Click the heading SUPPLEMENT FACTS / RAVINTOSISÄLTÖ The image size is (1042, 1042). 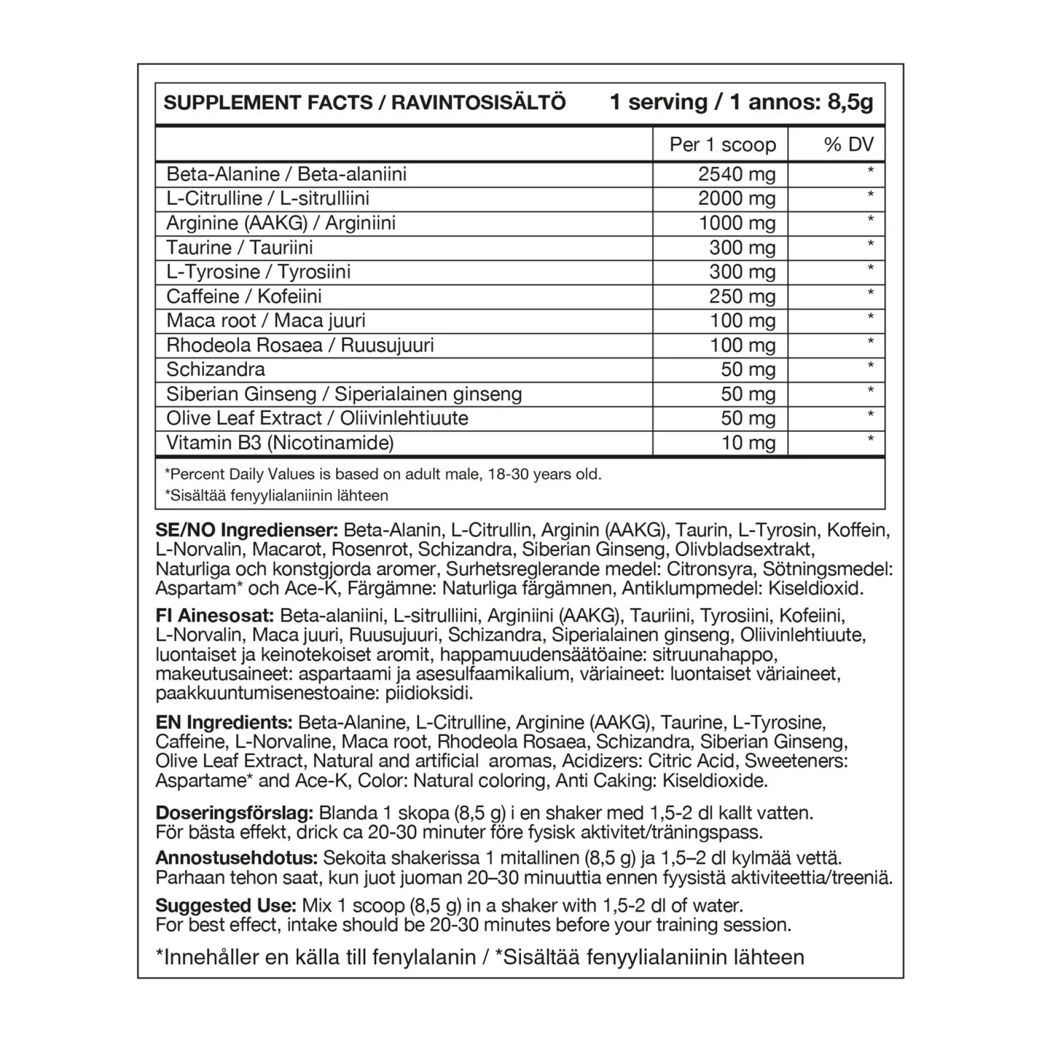[x=364, y=103]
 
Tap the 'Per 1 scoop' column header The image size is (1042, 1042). [x=722, y=145]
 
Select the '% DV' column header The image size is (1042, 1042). [x=849, y=145]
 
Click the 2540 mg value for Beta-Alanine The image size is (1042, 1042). [x=737, y=174]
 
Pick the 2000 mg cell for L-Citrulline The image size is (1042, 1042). [x=737, y=198]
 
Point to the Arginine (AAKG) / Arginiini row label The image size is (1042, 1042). [x=281, y=223]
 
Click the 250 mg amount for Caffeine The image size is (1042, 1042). [x=742, y=297]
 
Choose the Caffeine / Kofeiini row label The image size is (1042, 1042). [x=244, y=297]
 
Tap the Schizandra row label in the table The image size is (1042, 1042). [x=215, y=369]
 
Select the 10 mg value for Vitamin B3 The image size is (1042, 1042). [x=748, y=443]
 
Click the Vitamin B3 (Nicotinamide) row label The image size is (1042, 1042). [x=280, y=443]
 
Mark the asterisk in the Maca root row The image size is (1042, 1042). [x=871, y=317]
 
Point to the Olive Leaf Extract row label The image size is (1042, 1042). [x=317, y=418]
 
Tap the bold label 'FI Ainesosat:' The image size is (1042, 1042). [x=215, y=616]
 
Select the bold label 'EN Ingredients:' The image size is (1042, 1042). [x=224, y=722]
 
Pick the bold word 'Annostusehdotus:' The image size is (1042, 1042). [x=237, y=858]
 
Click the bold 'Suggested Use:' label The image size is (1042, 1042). [x=226, y=906]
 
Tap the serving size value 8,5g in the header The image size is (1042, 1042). [x=850, y=103]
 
